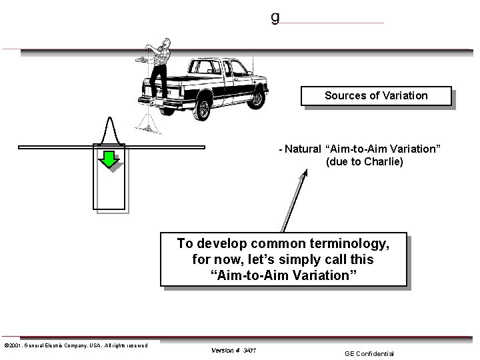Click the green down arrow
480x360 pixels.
pyautogui.click(x=109, y=158)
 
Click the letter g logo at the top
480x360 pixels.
pyautogui.click(x=275, y=17)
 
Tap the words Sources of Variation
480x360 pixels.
pyautogui.click(x=376, y=95)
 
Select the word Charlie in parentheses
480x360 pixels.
pyautogui.click(x=381, y=161)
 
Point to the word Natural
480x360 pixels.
pyautogui.click(x=302, y=148)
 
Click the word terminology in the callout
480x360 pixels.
pyautogui.click(x=347, y=243)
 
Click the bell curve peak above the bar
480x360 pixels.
pyautogui.click(x=111, y=120)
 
